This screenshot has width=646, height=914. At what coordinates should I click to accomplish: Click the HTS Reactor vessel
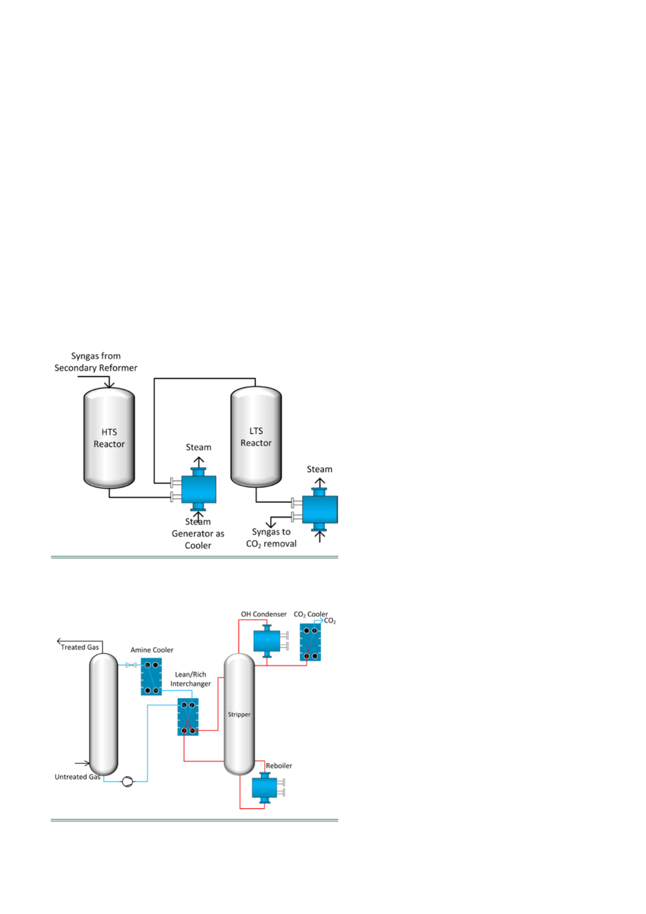tap(109, 438)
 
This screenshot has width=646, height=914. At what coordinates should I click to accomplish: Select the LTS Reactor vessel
tap(256, 436)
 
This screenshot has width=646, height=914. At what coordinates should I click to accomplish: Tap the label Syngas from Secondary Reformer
tap(96, 362)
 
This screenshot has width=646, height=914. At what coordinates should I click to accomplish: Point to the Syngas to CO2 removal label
tap(271, 537)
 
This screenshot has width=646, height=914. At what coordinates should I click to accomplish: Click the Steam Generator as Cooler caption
tap(198, 533)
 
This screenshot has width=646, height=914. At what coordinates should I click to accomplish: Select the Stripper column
tap(239, 714)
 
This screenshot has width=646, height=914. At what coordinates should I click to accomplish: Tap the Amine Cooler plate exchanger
tap(151, 676)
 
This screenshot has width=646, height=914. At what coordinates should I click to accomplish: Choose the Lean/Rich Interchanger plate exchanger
tap(188, 717)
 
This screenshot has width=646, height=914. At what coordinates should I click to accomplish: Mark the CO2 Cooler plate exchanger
tap(310, 642)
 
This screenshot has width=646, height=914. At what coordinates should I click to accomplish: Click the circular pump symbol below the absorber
tap(127, 782)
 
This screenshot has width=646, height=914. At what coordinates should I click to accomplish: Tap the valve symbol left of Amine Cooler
tap(131, 665)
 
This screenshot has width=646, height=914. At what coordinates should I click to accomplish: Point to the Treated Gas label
tap(79, 647)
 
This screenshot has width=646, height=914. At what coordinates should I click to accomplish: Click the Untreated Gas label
tap(78, 777)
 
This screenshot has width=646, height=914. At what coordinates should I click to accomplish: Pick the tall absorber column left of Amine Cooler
tap(104, 714)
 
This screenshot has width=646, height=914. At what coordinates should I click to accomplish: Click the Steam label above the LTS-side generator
tap(320, 469)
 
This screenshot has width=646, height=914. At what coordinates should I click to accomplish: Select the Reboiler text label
tap(279, 765)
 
